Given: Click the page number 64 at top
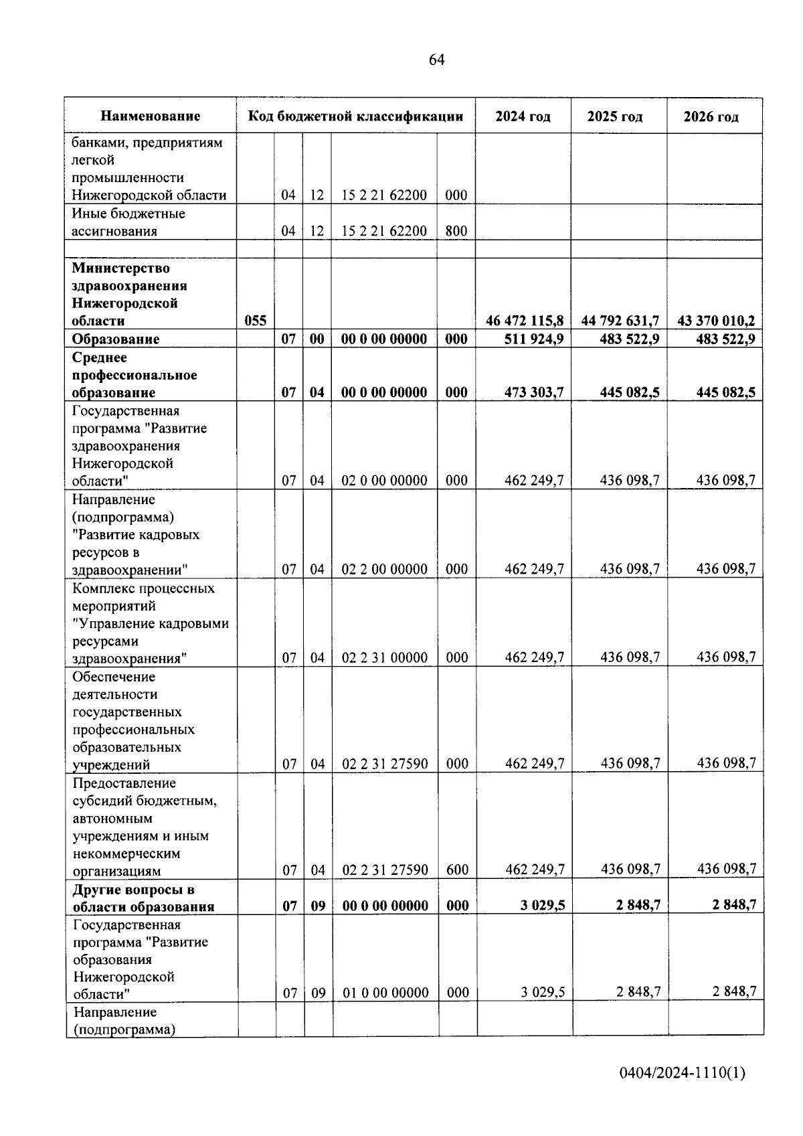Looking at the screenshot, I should click(436, 60).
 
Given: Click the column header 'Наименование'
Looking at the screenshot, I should click(151, 116).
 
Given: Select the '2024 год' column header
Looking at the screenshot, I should click(523, 116).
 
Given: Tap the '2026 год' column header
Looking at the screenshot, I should click(711, 116).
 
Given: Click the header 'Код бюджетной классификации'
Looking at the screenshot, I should click(355, 116).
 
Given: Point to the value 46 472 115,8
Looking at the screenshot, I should click(525, 321).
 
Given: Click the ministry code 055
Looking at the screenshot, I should click(255, 321).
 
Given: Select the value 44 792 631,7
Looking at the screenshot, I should click(620, 321).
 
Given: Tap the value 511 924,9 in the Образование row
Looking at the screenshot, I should click(534, 339).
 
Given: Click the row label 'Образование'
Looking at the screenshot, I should click(116, 339).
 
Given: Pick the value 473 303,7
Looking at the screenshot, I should click(534, 392).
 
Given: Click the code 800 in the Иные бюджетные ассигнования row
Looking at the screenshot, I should click(456, 231).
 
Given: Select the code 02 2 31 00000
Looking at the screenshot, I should click(384, 657).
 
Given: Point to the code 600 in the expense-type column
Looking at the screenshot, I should click(457, 870).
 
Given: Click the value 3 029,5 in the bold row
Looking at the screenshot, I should click(543, 905).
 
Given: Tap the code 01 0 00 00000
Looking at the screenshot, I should click(385, 992).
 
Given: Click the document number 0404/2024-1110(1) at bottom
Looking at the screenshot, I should click(682, 1073).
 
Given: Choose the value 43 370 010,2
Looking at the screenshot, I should click(716, 321).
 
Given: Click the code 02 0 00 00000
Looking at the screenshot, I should click(384, 480).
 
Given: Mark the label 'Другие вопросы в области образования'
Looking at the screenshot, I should click(144, 898).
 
